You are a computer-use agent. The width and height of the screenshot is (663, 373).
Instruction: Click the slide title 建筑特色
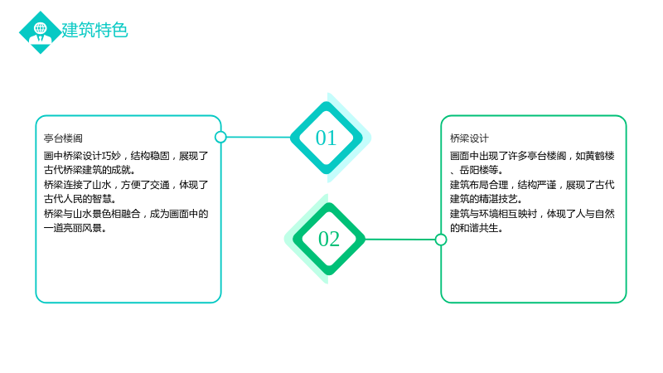(x=94, y=31)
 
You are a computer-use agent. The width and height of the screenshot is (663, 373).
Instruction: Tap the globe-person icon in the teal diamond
(x=41, y=32)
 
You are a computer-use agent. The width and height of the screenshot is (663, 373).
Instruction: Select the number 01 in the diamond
(x=326, y=138)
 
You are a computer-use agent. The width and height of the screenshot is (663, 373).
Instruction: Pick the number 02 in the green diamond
(x=329, y=239)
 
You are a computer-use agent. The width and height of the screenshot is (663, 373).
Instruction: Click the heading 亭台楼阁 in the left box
(x=64, y=138)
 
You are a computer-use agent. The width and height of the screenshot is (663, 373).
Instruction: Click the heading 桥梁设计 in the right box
(x=469, y=138)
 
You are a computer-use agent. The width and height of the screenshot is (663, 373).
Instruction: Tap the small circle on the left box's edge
(x=220, y=137)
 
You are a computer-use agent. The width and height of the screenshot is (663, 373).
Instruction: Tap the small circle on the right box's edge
(x=441, y=240)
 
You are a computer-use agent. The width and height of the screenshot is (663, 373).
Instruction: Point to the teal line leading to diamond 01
(x=259, y=137)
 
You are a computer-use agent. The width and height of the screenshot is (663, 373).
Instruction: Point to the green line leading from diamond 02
(x=400, y=240)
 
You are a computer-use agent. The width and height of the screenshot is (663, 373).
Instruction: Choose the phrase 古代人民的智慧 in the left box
(x=78, y=199)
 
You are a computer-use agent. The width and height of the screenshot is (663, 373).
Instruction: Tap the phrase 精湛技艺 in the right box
(x=499, y=199)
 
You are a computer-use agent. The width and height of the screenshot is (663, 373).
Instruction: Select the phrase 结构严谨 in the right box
(x=537, y=185)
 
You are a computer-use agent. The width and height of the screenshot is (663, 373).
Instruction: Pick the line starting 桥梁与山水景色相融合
(x=126, y=214)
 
